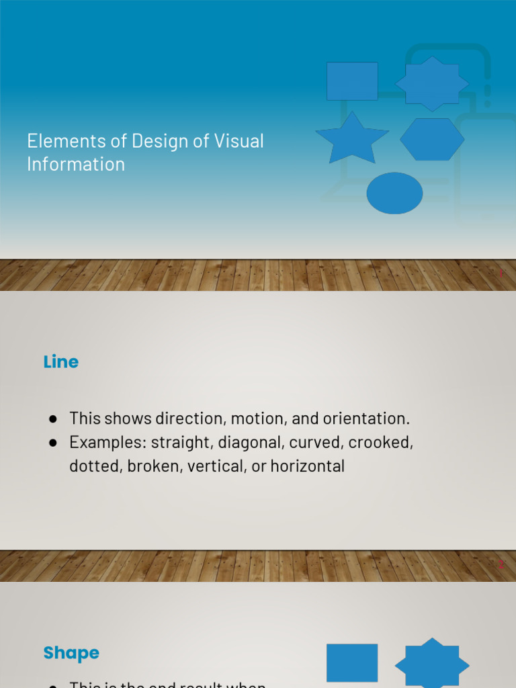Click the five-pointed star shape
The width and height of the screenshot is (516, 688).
[x=352, y=140]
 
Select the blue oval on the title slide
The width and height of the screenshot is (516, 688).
[x=394, y=193]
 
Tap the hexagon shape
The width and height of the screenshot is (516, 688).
[x=432, y=140]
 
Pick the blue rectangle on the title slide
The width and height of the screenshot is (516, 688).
[x=352, y=81]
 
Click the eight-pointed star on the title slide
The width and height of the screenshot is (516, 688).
[x=432, y=84]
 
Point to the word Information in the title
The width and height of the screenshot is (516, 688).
[x=76, y=164]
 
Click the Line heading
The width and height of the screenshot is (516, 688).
[x=61, y=361]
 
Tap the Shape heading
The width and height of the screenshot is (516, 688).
[x=71, y=652]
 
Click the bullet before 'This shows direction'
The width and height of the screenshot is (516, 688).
[x=52, y=419]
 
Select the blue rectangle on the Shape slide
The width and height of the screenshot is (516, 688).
[x=352, y=662]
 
